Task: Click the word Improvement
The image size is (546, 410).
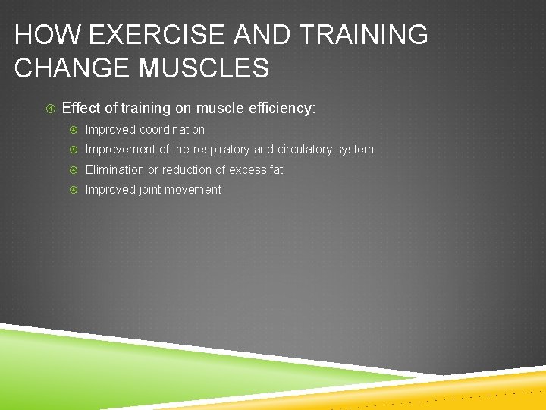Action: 120,150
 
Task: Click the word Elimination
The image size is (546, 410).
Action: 115,170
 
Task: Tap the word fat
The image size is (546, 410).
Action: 276,170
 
